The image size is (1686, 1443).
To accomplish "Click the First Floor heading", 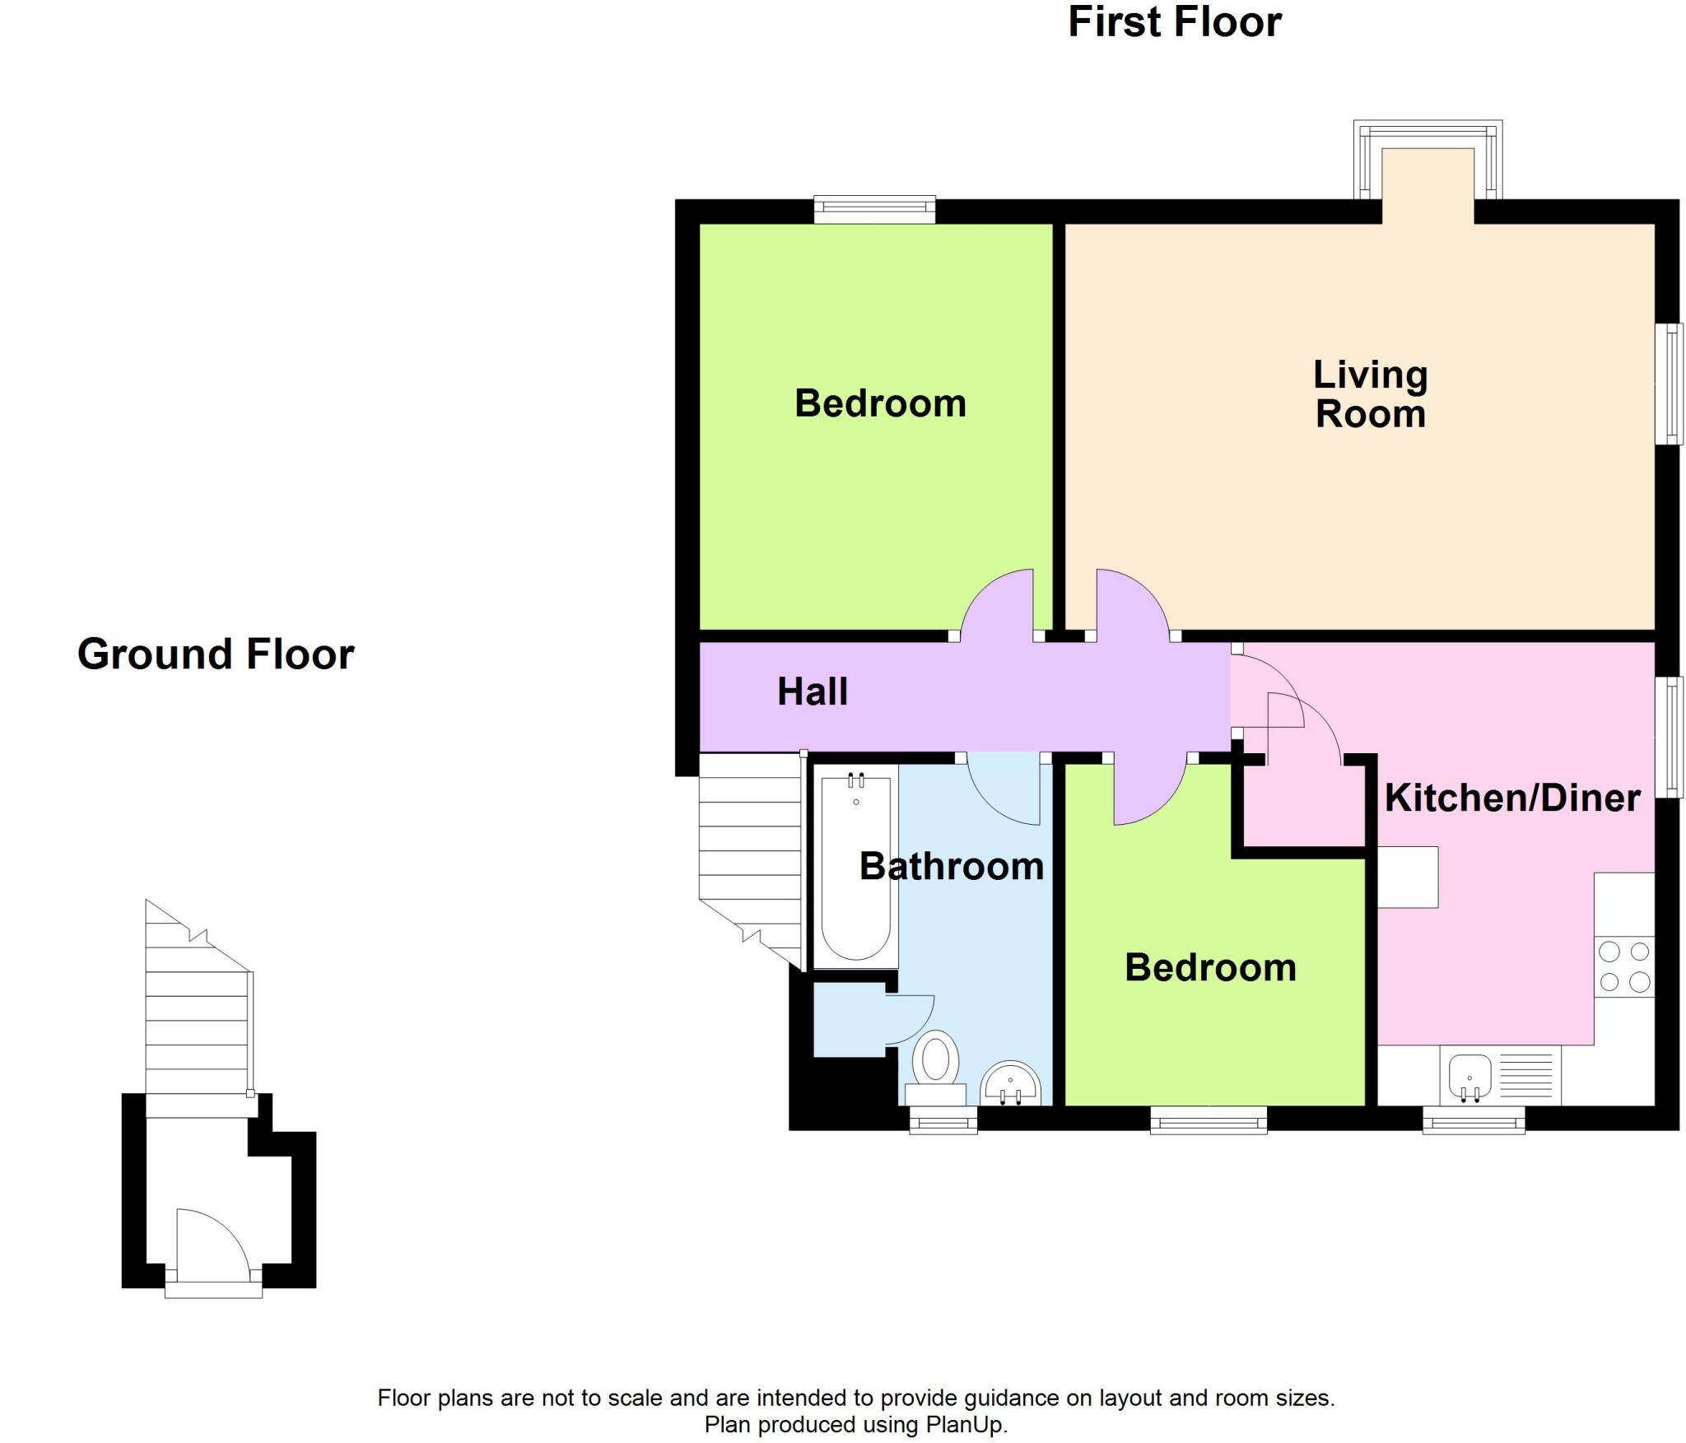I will [1174, 22].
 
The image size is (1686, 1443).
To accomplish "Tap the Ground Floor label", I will [216, 654].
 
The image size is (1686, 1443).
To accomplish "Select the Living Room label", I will [1370, 394].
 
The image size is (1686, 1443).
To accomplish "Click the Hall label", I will [812, 691].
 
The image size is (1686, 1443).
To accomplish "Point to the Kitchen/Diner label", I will [1512, 798].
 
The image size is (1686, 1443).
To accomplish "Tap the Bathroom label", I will [951, 867].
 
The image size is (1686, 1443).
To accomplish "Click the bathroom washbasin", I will [1010, 1085].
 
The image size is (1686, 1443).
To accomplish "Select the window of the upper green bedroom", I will [874, 209].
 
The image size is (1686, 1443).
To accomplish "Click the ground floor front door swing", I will [210, 1243].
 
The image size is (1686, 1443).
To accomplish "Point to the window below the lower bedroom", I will [1208, 1120].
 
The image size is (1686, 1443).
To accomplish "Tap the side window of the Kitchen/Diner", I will [1669, 737].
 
